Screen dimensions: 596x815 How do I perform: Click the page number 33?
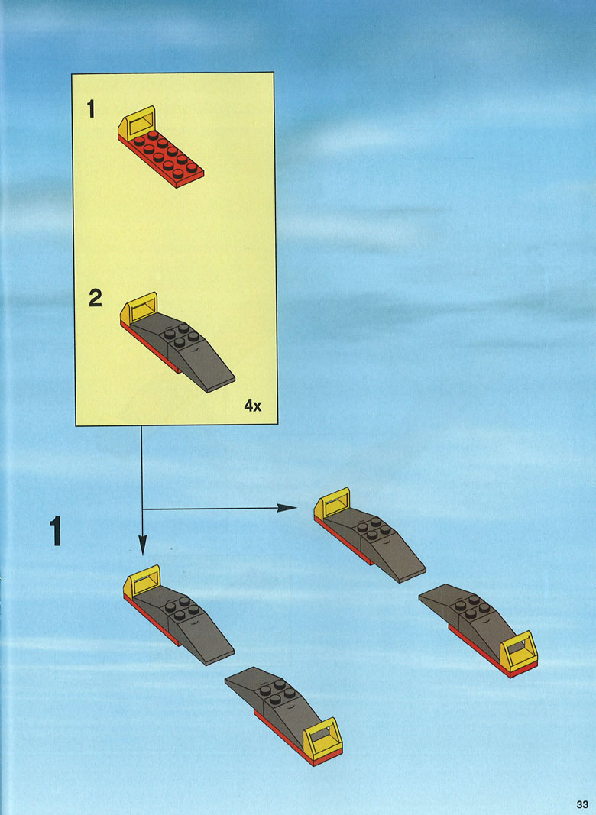point(582,804)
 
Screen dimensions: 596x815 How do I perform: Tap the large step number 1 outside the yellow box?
point(55,531)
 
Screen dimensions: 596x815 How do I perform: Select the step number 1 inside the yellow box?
point(91,109)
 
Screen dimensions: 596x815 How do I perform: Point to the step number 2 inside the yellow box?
point(96,298)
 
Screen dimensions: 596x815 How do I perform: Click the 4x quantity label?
point(253,406)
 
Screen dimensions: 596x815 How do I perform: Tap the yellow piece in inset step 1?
point(136,123)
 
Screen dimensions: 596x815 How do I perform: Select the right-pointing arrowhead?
point(287,508)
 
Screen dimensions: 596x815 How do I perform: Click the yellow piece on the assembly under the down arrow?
point(141,581)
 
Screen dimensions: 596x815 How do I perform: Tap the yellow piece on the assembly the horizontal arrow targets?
point(332,503)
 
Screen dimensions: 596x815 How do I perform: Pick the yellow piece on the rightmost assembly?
point(519,650)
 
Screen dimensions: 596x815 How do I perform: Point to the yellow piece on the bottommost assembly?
point(322,736)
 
